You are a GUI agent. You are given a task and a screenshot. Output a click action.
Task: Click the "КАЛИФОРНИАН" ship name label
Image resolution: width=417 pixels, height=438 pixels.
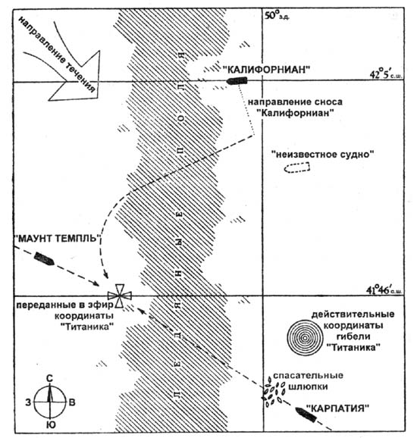coord(267,69)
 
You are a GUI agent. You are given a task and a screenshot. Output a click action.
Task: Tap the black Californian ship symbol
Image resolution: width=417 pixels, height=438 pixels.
coord(237,81)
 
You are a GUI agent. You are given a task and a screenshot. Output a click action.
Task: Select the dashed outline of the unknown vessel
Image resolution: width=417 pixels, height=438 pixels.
coord(296,167)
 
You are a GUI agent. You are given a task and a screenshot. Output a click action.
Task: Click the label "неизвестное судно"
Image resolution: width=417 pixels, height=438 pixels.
coord(323,154)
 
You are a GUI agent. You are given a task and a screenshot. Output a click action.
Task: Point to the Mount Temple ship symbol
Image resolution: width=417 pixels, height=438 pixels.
coord(44,258)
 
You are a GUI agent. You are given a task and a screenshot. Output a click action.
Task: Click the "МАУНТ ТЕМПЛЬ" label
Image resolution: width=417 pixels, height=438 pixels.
coord(58,239)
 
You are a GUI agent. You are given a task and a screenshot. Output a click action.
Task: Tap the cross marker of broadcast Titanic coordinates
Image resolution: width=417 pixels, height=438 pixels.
coord(120,296)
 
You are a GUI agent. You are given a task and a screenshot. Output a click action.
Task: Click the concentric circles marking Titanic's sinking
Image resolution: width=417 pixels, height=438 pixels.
coord(305,338)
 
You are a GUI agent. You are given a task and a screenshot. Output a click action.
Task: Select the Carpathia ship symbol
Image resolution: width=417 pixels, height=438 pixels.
coord(306,414)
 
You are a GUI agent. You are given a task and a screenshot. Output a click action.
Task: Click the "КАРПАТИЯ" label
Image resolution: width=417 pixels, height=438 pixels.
coord(337,408)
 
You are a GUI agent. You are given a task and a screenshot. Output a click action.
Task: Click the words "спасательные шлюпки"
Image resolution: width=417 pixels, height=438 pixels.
coord(308,381)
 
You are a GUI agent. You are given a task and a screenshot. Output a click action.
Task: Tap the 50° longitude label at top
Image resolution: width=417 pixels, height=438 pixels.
coord(277,15)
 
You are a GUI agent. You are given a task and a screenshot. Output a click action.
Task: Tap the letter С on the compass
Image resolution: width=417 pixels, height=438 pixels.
coord(49,378)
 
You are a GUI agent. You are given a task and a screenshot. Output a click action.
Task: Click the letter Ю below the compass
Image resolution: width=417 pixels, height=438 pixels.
coord(51,425)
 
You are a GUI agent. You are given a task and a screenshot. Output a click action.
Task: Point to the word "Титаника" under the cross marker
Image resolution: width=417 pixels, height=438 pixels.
coord(87,327)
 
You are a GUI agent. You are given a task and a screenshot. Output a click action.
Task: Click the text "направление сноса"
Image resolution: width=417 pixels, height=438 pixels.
coord(295,102)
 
